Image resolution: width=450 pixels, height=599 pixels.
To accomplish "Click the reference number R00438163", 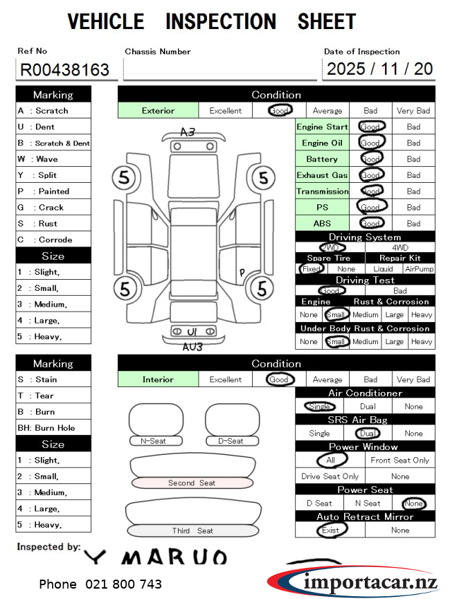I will (65, 69).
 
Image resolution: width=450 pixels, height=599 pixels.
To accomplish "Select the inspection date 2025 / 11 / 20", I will (379, 69).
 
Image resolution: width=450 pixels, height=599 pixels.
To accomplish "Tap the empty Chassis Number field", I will (219, 69).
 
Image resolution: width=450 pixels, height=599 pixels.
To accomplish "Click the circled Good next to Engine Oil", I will (370, 143).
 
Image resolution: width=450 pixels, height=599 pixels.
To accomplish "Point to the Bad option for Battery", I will (413, 159).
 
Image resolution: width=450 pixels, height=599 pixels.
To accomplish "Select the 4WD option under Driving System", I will (400, 247).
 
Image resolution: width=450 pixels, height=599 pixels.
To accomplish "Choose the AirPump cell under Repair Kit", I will (420, 269).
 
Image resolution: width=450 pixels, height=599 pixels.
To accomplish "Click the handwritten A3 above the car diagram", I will (188, 132).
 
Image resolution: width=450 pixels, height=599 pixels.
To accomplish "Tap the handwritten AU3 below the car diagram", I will (192, 346).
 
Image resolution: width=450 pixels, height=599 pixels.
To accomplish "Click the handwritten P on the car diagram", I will (242, 272).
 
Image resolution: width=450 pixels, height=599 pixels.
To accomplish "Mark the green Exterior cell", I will (158, 110).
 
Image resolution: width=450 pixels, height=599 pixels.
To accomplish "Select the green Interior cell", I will (158, 379).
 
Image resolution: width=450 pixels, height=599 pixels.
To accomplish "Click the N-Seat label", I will (156, 441).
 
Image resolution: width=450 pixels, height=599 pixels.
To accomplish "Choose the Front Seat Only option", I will (399, 461).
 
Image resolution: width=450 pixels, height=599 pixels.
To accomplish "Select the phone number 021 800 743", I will (100, 584).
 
